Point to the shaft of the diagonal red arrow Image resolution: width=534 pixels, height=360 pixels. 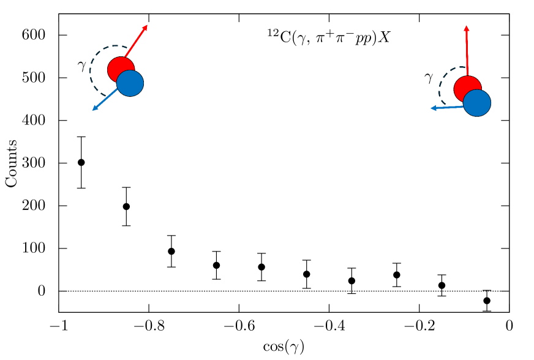click(135, 42)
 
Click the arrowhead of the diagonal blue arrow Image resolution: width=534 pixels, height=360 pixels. click(94, 109)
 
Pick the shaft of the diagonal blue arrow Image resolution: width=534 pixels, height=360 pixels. click(106, 99)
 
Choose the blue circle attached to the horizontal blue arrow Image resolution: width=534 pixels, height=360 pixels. click(478, 103)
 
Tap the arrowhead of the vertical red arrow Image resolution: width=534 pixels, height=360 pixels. click(467, 28)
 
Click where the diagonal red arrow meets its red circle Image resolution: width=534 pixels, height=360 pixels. click(125, 58)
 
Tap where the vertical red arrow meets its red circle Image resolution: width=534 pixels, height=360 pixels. click(468, 77)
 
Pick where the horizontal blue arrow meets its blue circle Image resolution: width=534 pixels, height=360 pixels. click(464, 107)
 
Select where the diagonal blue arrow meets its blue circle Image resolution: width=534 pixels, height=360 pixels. click(118, 89)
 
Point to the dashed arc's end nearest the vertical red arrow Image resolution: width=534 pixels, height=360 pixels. click(462, 67)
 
